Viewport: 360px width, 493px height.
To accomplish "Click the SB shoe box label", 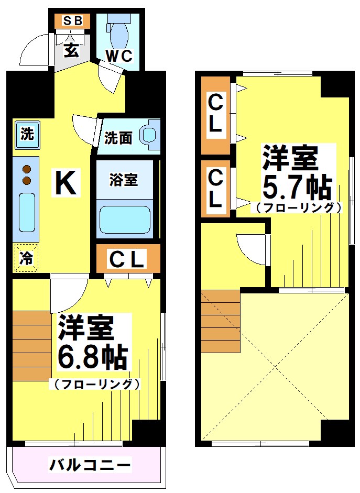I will (x=73, y=21).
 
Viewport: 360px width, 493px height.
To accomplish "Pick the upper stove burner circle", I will (x=27, y=169).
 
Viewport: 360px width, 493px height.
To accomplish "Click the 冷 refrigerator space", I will (x=26, y=258).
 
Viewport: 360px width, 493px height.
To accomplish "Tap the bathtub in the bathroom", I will (x=125, y=220).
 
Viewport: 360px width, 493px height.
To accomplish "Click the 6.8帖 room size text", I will (x=92, y=358).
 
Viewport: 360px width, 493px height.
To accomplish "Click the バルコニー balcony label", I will (x=90, y=464).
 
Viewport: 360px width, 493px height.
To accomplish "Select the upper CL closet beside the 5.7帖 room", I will (x=215, y=114).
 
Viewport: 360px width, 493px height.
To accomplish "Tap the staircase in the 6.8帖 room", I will (x=31, y=346).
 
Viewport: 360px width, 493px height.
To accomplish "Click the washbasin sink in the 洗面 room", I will (x=150, y=135).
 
